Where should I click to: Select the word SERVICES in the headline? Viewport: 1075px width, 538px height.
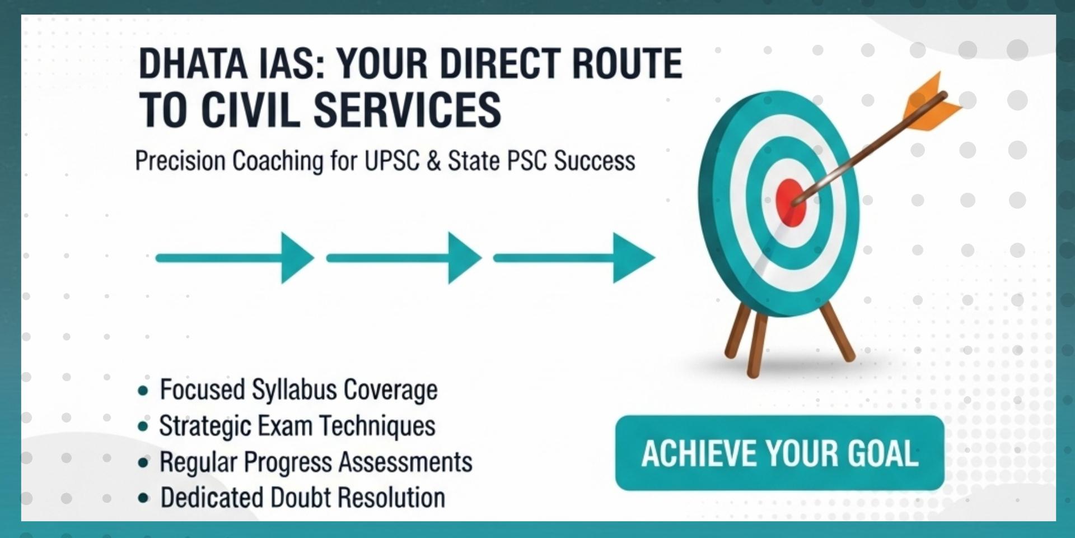407,110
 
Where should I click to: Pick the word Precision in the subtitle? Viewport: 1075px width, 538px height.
180,161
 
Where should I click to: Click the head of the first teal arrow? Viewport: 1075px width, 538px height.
297,258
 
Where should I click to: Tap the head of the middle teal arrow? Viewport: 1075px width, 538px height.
465,258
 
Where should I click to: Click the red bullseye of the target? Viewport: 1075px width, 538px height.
790,202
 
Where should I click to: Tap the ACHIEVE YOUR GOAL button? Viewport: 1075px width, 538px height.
779,453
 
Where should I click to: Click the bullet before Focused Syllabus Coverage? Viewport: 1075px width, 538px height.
143,391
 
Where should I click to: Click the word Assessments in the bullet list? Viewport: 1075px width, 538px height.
405,462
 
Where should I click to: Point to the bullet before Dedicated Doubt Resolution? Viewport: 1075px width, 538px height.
144,498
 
